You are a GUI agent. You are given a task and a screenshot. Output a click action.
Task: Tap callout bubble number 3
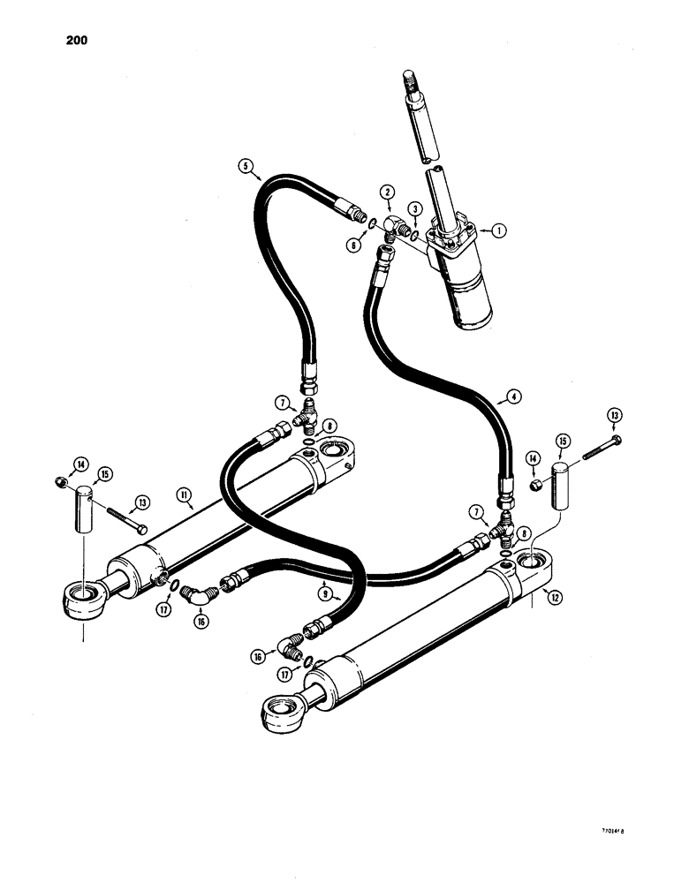(x=414, y=208)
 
